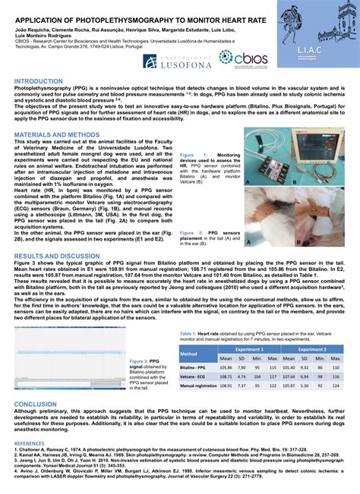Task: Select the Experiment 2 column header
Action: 311,349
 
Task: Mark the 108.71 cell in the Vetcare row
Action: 226,376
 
